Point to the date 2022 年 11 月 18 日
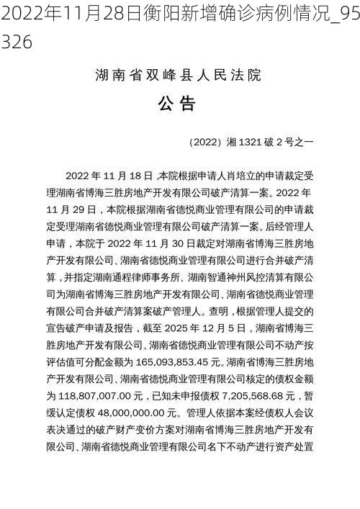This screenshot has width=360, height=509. point(108,175)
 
